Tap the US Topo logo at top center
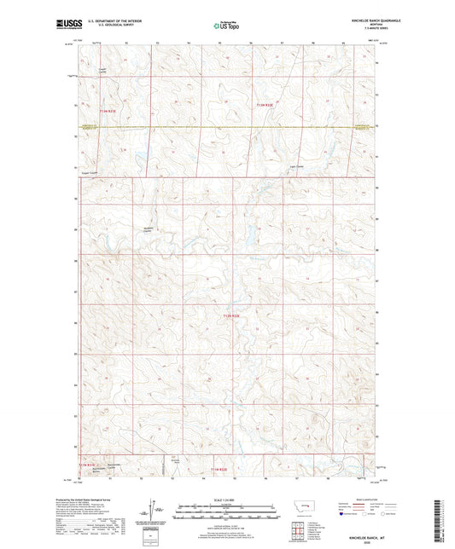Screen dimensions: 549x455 pyautogui.click(x=225, y=26)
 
